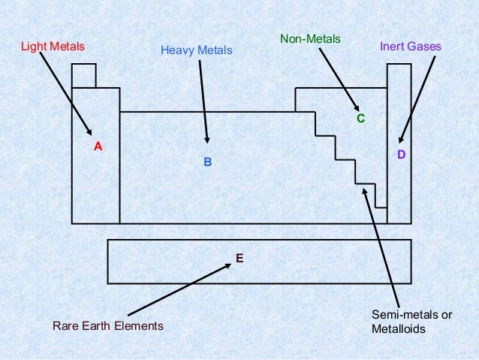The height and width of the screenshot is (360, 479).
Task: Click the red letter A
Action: (98, 147)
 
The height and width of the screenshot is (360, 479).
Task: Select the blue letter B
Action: (209, 162)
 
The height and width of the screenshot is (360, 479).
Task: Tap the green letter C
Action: (360, 119)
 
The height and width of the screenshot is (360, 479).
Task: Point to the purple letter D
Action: (401, 154)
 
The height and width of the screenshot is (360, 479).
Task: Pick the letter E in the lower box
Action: (239, 258)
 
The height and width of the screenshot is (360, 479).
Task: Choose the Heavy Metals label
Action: (197, 51)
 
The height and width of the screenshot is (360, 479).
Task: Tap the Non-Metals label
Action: (310, 38)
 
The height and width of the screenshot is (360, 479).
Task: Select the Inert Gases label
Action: (411, 47)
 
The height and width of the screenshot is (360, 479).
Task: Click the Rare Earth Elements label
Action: (107, 326)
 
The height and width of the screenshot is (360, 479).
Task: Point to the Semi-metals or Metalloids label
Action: (411, 322)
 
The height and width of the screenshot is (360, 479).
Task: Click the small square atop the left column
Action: (84, 76)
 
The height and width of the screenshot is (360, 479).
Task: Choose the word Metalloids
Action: (396, 329)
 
